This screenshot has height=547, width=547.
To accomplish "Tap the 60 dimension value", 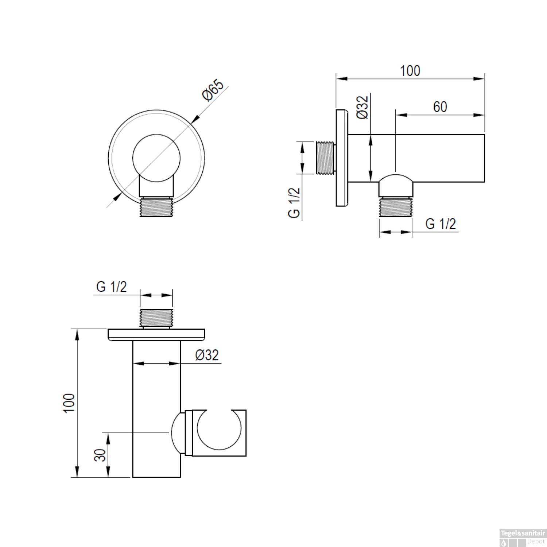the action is pyautogui.click(x=440, y=106).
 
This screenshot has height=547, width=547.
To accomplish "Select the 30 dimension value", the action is pyautogui.click(x=100, y=455).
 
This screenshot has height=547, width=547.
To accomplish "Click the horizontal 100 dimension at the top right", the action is pyautogui.click(x=410, y=70).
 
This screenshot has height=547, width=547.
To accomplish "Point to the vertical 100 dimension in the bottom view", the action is pyautogui.click(x=69, y=403).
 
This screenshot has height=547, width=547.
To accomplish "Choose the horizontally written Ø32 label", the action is pyautogui.click(x=207, y=355).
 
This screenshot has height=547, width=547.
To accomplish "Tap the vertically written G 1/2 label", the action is pyautogui.click(x=294, y=202).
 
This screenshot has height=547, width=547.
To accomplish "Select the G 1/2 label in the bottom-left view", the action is pyautogui.click(x=112, y=287).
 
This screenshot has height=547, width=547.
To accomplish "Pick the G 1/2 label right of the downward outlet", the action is pyautogui.click(x=441, y=224).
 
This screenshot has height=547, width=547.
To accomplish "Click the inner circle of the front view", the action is pyautogui.click(x=156, y=158).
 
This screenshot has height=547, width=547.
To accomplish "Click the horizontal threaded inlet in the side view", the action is pyautogui.click(x=325, y=157).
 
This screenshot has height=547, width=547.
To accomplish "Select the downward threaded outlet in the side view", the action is pyautogui.click(x=396, y=207).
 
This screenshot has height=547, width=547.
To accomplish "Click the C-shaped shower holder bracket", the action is pyautogui.click(x=219, y=433).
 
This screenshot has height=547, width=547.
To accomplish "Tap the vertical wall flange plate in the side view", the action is pyautogui.click(x=342, y=158).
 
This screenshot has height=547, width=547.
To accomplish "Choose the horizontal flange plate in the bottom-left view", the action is pyautogui.click(x=156, y=335).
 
